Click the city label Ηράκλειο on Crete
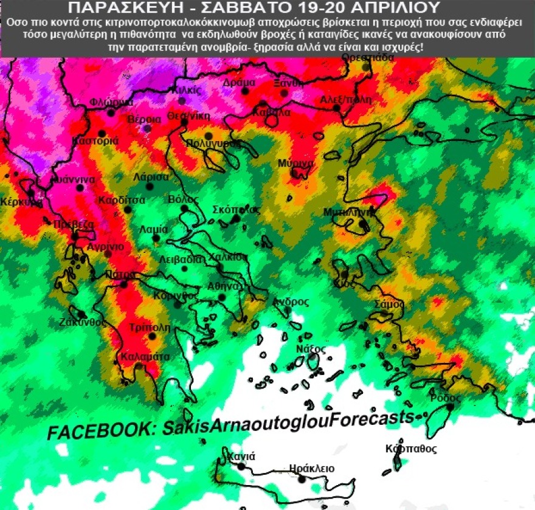coord(312,468)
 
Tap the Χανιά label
coord(241,456)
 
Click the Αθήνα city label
coord(221,285)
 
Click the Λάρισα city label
coord(151,177)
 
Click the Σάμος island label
coord(390,303)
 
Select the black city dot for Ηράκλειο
coord(302,480)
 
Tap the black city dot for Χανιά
coord(241,467)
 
